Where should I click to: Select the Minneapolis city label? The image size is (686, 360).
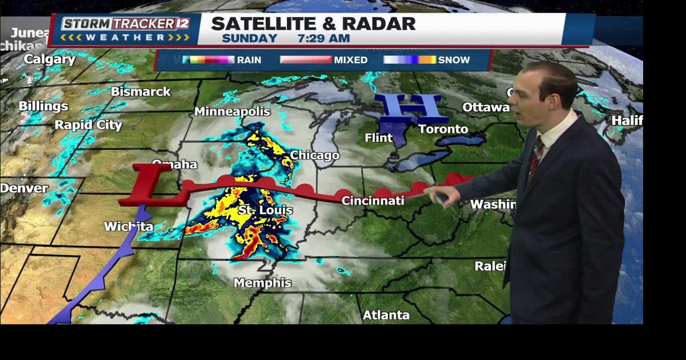[x=232, y=111]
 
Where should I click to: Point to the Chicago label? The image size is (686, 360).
[x=315, y=155]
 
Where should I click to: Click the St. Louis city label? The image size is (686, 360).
[x=265, y=210]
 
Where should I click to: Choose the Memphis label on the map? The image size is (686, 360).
[x=263, y=283]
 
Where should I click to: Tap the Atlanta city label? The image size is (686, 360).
[x=386, y=315]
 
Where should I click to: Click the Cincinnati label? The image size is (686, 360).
[x=372, y=200]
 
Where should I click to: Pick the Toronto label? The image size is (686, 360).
[x=443, y=129]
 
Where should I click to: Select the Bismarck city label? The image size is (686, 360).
[x=140, y=92]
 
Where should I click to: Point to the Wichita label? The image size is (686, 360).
[x=129, y=227]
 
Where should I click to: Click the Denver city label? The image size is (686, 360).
[x=24, y=188]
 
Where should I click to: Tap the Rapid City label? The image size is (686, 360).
[x=88, y=125]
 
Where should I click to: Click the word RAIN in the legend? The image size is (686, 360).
[x=249, y=60]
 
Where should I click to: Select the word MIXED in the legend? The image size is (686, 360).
[x=351, y=60]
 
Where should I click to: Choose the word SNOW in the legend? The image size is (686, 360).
[x=453, y=60]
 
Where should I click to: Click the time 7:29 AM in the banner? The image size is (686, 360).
[x=324, y=38]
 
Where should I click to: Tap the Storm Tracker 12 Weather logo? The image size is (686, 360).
[x=125, y=30]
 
